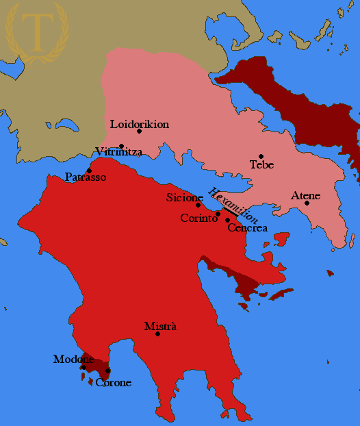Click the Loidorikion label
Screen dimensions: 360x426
[139, 124]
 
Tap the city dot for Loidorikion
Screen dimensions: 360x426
[139, 131]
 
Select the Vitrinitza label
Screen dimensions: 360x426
[119, 152]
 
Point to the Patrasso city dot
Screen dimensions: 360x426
[89, 171]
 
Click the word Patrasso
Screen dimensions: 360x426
[85, 177]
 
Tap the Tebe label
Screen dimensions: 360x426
[261, 164]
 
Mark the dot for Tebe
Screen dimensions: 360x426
[261, 156]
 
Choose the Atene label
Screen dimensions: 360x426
[305, 196]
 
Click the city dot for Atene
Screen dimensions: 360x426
[307, 203]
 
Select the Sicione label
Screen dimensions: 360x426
[185, 197]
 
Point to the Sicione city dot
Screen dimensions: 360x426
[198, 205]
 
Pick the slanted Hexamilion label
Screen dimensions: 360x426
[233, 205]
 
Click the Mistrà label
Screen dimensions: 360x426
[160, 326]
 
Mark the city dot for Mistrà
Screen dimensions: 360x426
[158, 334]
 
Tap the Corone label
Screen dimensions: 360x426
[113, 382]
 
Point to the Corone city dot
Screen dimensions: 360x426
[107, 371]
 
